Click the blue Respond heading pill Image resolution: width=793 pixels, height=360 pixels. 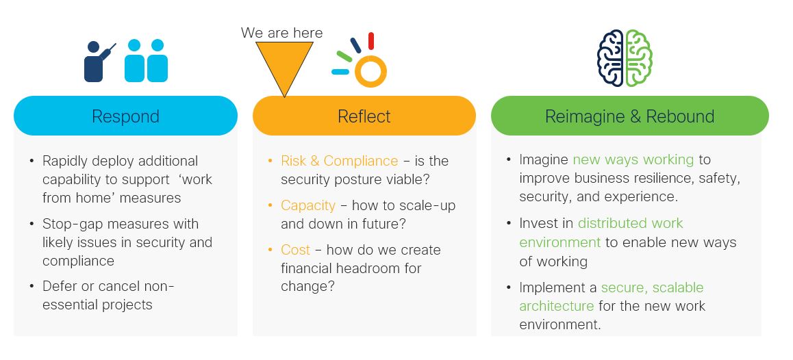[x=125, y=116]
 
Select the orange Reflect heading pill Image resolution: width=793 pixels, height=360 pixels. [x=364, y=116]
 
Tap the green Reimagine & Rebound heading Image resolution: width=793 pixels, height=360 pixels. [x=629, y=116]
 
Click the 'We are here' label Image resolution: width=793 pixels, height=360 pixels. [x=281, y=33]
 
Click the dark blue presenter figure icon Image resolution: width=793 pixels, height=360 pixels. [x=98, y=61]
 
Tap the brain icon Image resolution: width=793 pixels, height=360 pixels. [x=625, y=57]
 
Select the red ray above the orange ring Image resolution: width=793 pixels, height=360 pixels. [x=370, y=41]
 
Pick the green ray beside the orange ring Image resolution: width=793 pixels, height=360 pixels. [x=344, y=56]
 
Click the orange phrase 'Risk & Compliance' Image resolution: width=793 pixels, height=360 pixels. [x=340, y=161]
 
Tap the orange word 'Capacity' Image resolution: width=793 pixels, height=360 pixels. [x=308, y=206]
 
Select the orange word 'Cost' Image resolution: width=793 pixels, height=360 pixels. [x=295, y=250]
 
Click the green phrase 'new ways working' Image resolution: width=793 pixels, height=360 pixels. [x=633, y=159]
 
